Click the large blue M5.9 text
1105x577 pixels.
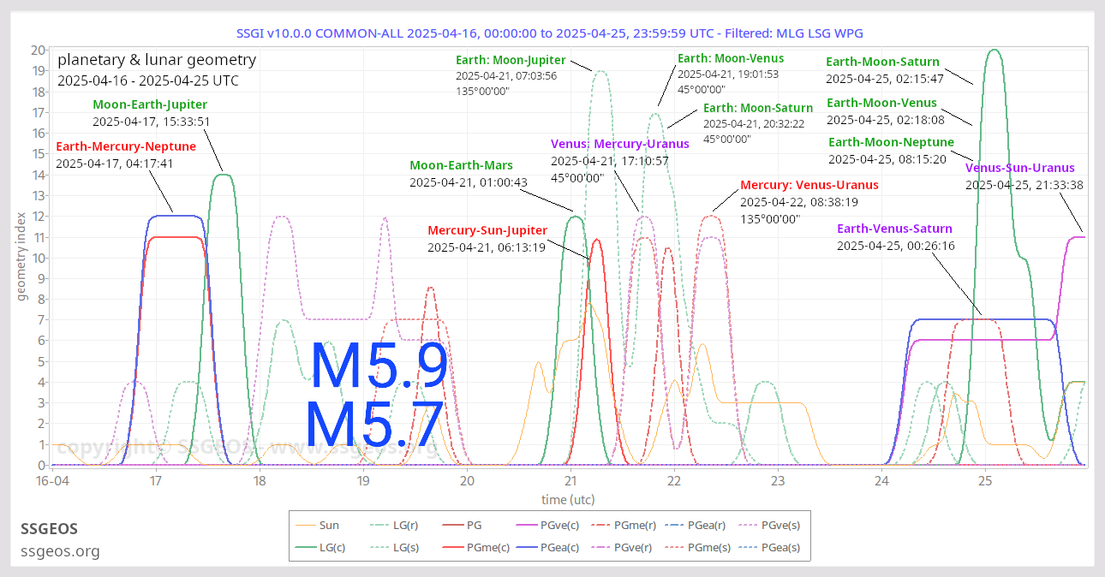pos(379,366)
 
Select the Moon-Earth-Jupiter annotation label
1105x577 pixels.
pos(150,104)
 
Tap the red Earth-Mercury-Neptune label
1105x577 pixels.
pos(126,146)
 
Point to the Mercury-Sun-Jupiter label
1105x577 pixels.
pos(487,230)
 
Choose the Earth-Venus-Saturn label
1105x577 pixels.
pos(894,229)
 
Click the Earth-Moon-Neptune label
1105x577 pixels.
pos(891,142)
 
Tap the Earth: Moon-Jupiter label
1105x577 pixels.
pos(511,60)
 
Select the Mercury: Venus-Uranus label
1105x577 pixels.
pos(809,185)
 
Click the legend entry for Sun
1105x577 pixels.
pos(329,526)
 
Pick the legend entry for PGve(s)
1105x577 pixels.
pos(779,526)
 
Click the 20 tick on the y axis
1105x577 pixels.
pos(38,50)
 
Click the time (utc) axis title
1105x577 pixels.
pos(568,499)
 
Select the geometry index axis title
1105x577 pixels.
pos(21,258)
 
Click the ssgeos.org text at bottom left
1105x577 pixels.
pos(60,551)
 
